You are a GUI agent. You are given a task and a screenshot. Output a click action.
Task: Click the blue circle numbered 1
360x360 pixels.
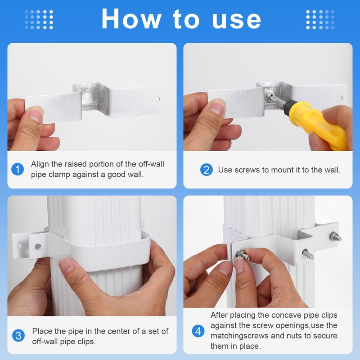pos(17,170)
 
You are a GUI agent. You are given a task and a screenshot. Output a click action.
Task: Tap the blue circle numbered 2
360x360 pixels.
pos(206,170)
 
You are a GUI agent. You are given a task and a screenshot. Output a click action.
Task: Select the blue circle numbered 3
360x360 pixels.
pos(18,336)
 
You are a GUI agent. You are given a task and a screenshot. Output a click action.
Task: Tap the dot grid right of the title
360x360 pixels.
pos(320,19)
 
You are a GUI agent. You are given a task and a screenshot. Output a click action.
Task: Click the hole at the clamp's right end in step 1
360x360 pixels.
pos(156,99)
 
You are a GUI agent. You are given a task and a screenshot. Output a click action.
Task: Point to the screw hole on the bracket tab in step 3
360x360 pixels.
pos(38,246)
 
